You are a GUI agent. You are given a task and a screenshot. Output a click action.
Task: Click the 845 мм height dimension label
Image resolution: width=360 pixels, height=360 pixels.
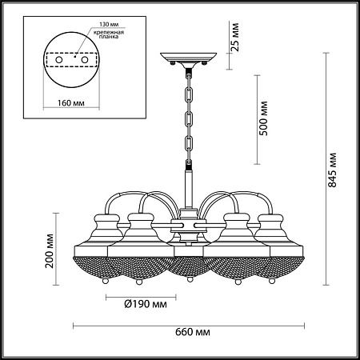tap(332, 170)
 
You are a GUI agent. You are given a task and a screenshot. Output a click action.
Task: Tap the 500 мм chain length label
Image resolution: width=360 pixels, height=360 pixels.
tap(263, 118)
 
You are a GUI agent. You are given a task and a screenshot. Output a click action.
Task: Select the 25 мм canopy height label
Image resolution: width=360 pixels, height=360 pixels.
tap(235, 37)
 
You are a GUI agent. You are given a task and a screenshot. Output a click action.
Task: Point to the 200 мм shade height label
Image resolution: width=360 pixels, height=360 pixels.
tap(50, 250)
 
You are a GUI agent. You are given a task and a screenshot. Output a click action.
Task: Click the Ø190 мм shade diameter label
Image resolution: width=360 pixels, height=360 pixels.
tap(146, 304)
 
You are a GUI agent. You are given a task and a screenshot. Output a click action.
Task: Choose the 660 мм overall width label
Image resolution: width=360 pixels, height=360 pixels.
tap(193, 332)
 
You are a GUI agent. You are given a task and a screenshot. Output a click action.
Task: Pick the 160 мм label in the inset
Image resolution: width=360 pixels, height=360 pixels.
tap(71, 102)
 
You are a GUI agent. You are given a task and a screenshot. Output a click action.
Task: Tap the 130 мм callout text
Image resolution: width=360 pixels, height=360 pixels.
tap(109, 24)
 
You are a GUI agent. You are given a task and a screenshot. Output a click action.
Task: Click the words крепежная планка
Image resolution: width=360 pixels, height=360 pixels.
tap(109, 34)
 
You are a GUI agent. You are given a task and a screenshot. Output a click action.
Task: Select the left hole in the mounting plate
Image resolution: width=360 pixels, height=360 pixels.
tap(59, 60)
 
